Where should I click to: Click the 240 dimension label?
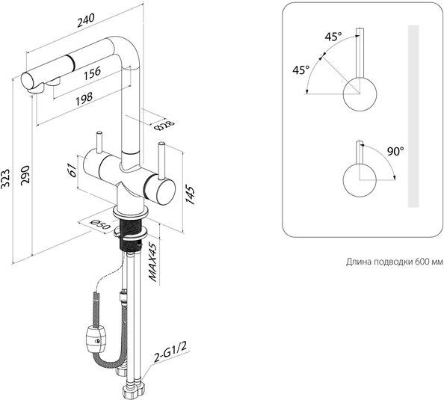point(85,21)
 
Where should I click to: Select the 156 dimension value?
point(92,73)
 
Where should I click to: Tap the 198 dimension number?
point(84,99)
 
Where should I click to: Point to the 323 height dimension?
point(5,178)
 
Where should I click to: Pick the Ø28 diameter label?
point(165,125)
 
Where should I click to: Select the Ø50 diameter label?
point(99,224)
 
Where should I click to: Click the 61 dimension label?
point(73,170)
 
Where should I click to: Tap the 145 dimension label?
point(190,195)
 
